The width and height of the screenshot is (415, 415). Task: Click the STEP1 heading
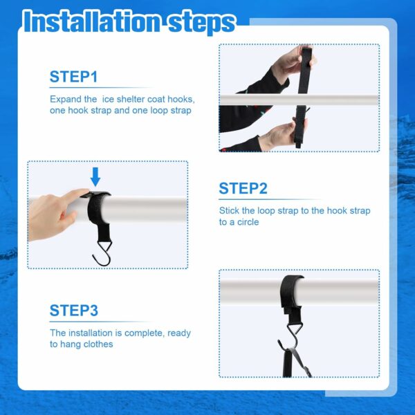coord(73,77)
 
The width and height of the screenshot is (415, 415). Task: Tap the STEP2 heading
coord(243,188)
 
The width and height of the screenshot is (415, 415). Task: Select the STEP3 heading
coord(74,310)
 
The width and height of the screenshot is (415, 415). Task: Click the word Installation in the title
coord(92,22)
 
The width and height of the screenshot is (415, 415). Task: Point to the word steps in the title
coord(202,24)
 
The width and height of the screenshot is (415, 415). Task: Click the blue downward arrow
coord(95,176)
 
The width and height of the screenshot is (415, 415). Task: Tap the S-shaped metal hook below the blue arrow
coord(102,253)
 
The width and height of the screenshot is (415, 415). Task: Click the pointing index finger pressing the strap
coord(75,195)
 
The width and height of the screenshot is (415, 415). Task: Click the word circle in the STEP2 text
coord(248,222)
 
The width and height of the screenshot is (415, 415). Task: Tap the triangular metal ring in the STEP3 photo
coord(294,328)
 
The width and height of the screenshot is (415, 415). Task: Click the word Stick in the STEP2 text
coord(229,210)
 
